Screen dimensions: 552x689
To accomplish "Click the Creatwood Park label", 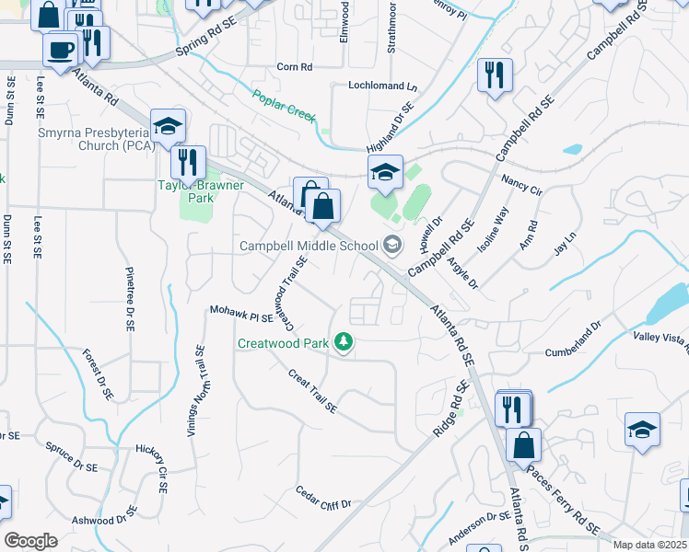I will click(x=284, y=343).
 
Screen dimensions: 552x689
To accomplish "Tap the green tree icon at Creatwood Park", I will click(x=344, y=343).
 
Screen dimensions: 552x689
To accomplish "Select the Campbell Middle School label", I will click(x=309, y=246).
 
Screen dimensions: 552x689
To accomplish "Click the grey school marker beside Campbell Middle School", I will click(x=393, y=245).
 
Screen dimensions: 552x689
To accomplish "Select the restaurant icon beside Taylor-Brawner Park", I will click(x=188, y=162).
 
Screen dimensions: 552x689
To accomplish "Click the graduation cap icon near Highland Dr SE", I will click(x=386, y=171).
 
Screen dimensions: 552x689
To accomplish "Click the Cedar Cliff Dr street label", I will click(x=323, y=498).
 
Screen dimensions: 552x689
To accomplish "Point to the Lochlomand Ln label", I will click(x=382, y=86).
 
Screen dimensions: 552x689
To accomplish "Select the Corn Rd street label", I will click(x=295, y=67).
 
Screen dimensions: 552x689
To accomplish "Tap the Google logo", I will click(x=30, y=541).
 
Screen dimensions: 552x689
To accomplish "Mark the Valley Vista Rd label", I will click(x=660, y=339).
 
